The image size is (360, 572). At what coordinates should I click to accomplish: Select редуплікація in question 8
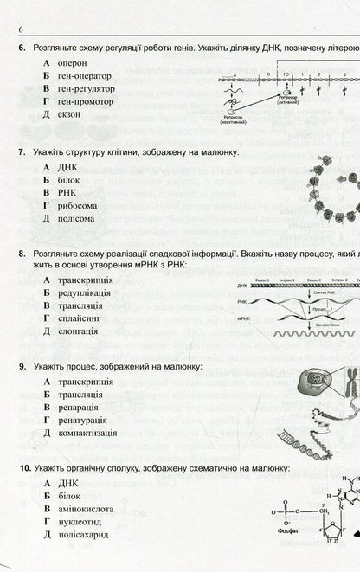click(x=85, y=294)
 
